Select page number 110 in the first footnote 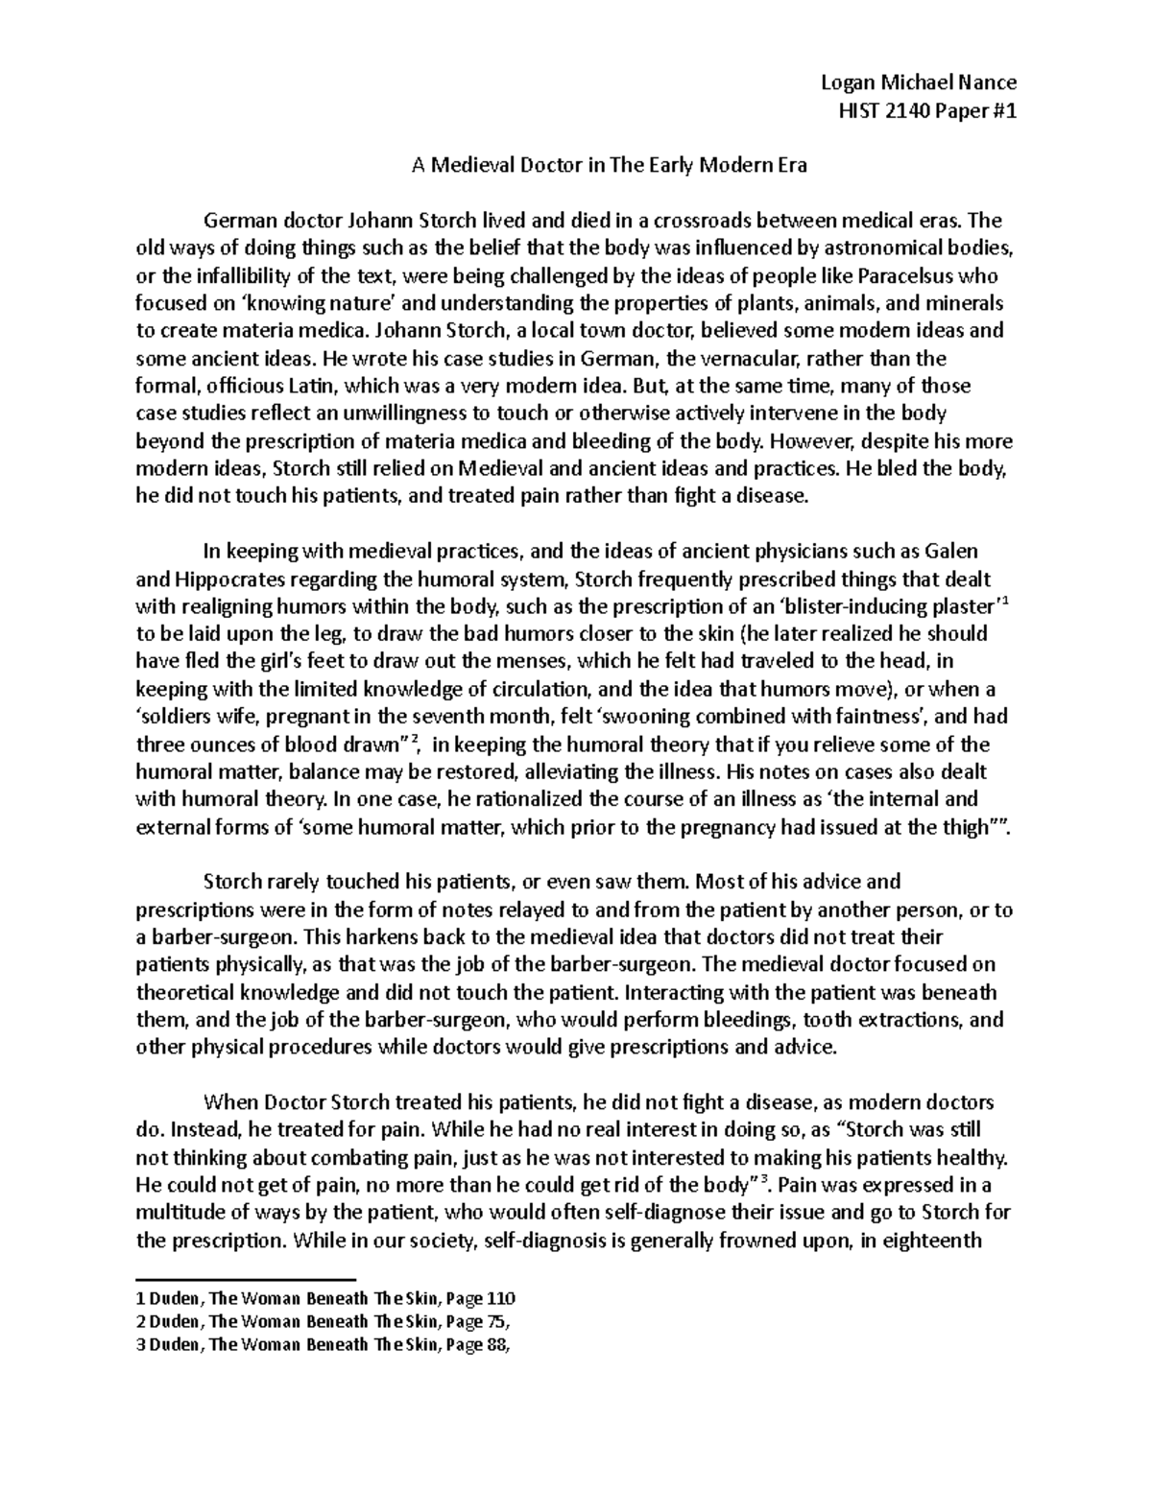tap(501, 1299)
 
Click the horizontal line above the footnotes tap(247, 1279)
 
